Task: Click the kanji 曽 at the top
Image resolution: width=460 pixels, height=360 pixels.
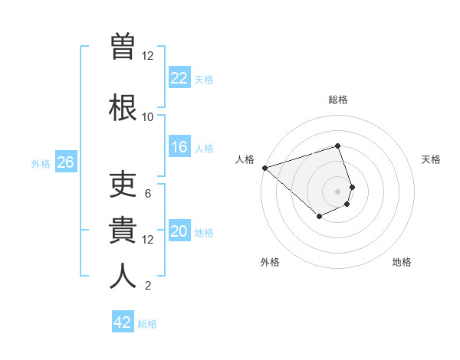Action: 123,46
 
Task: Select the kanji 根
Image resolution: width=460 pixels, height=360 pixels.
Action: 123,105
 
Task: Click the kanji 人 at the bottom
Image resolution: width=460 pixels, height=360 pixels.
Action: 123,275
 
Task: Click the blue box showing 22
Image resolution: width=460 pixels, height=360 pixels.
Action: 179,78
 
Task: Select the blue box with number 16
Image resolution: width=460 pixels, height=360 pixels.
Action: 179,148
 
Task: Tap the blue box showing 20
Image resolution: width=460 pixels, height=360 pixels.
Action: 179,232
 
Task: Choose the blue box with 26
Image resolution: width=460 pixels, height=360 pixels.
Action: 65,162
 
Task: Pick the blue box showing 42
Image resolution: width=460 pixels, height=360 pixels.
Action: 123,322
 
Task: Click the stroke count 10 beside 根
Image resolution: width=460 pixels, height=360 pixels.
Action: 147,116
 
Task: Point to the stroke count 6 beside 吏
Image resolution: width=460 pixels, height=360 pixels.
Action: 148,193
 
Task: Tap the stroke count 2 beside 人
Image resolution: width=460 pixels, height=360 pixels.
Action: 148,286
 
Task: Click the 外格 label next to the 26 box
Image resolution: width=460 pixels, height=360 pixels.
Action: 41,163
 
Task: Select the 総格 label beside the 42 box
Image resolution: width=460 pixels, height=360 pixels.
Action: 147,323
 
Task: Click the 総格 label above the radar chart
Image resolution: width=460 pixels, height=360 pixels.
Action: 337,100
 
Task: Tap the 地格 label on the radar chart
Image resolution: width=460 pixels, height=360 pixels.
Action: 402,262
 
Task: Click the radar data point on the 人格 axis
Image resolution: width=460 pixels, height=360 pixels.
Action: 264,168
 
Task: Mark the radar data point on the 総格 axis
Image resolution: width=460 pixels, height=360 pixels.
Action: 337,146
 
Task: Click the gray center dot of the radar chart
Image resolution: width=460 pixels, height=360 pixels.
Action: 337,191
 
